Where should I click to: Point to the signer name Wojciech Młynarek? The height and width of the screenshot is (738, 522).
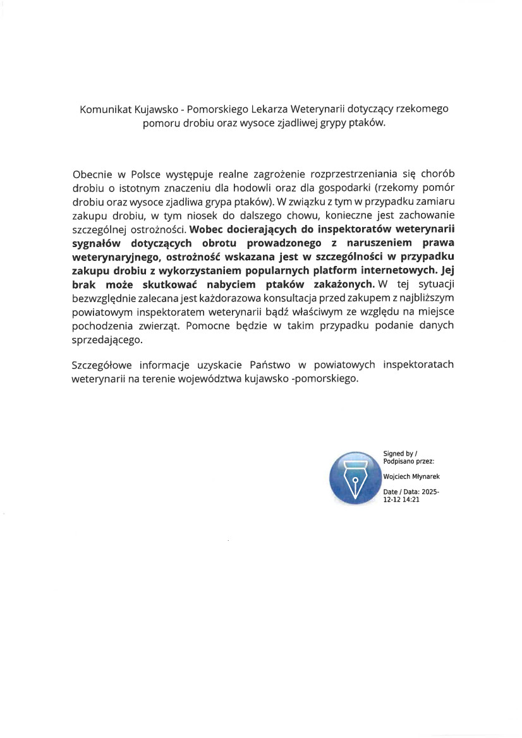point(411,477)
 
